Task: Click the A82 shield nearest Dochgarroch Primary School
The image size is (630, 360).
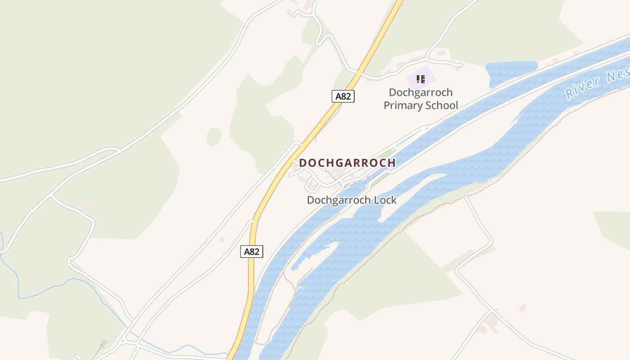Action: (x=343, y=96)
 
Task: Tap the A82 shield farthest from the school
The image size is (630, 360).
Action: (x=252, y=252)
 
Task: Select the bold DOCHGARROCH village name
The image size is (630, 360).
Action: (x=347, y=163)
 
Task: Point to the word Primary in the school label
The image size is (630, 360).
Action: (x=402, y=106)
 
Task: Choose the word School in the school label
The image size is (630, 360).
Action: (x=441, y=106)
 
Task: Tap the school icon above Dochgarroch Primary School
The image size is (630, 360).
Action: (x=421, y=80)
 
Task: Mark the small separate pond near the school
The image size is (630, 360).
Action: (x=511, y=72)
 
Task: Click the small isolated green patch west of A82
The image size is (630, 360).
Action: (x=214, y=137)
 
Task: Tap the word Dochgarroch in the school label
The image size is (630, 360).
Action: (x=421, y=93)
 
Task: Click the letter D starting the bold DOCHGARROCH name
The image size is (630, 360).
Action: (x=303, y=163)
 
